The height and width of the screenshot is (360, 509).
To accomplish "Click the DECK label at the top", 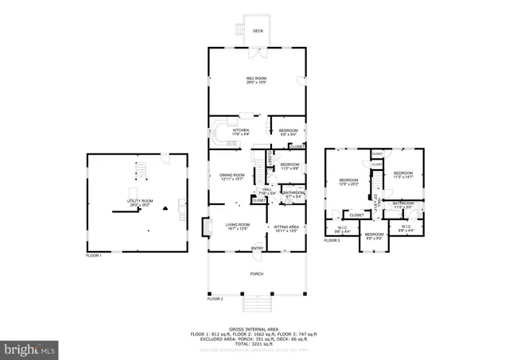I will pos(257,31).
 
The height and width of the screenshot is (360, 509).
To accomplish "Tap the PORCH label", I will pos(256,273).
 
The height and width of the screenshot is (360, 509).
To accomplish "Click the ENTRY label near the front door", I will pos(258,248).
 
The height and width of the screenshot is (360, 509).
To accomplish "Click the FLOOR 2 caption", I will pos(216,299).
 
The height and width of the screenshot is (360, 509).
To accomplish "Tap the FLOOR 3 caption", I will pos(332,240).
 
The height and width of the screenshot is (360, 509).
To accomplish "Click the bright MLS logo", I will pos(29,348).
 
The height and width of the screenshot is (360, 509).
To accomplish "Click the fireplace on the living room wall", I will pos(207,229).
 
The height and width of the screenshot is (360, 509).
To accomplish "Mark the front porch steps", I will pos(256,305).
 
